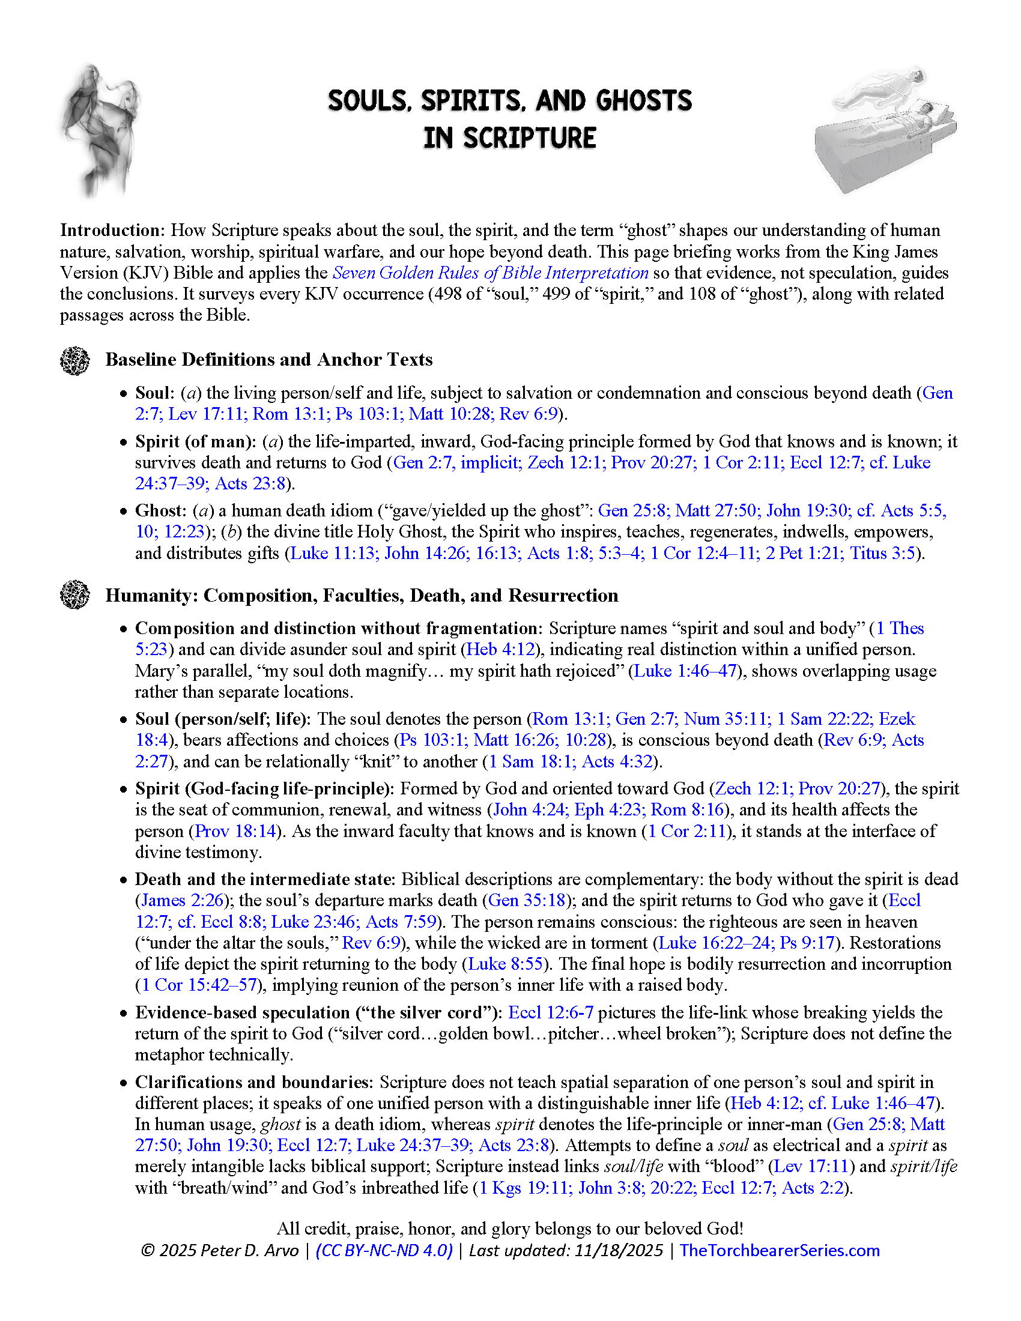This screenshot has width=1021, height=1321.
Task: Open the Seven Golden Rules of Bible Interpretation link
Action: (x=490, y=273)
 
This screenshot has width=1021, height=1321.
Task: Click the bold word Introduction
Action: (x=112, y=231)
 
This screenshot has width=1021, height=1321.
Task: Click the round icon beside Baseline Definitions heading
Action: (x=75, y=360)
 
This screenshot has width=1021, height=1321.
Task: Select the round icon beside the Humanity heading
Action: (x=75, y=595)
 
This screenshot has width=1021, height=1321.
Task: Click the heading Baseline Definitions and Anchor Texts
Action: (x=269, y=360)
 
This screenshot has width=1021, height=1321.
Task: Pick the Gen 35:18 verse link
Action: (x=526, y=900)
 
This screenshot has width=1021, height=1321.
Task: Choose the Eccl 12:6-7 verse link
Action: (x=550, y=1012)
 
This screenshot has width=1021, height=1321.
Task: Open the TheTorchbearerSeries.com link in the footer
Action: (x=780, y=1250)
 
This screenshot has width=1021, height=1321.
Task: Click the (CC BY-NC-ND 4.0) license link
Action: (x=384, y=1250)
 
